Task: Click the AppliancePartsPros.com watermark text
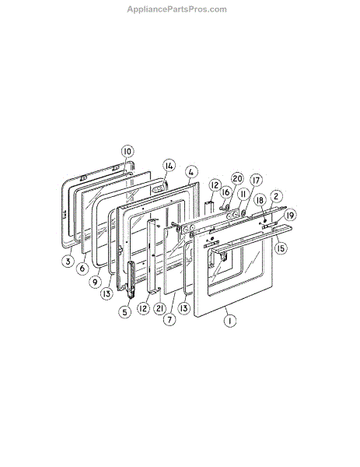point(177,9)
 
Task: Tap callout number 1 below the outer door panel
point(229,321)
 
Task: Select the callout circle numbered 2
point(276,197)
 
